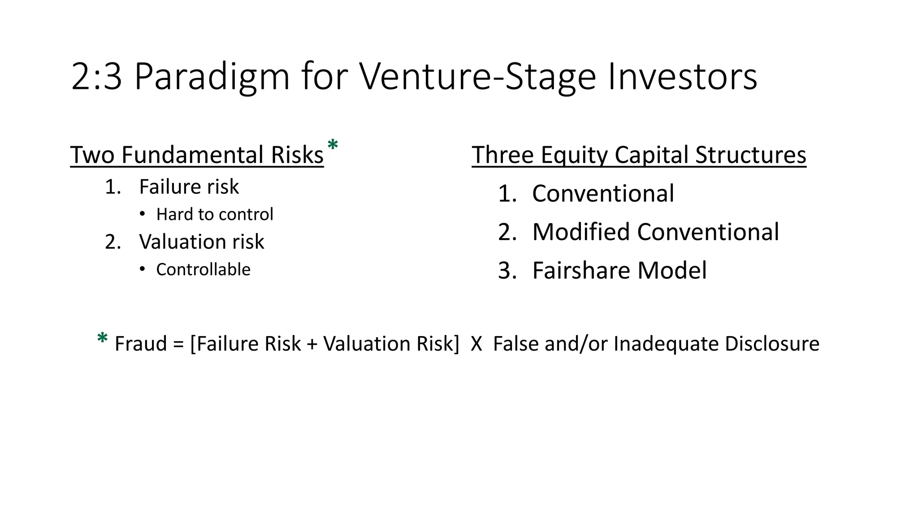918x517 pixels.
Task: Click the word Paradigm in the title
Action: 212,77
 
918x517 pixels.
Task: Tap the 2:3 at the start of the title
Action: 96,77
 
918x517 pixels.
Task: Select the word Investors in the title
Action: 682,77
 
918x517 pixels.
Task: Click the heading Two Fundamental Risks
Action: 197,155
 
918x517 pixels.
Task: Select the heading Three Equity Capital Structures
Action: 639,155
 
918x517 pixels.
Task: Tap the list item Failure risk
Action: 189,187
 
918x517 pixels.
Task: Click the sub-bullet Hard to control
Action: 214,215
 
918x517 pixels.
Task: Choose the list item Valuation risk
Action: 201,242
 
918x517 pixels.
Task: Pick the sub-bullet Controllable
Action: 203,270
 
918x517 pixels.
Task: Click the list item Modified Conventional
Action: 655,232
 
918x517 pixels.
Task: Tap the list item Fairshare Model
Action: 619,271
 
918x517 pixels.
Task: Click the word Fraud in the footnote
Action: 140,344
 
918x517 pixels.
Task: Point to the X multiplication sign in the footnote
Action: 476,344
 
